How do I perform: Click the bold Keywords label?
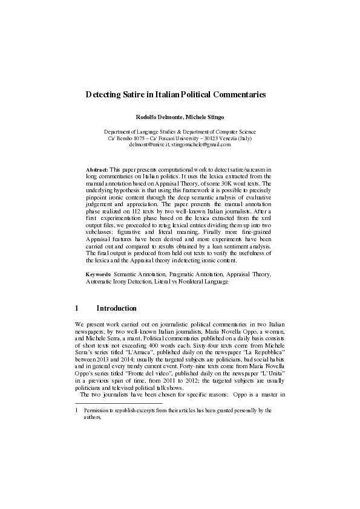pos(99,274)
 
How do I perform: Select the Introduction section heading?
pos(120,309)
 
